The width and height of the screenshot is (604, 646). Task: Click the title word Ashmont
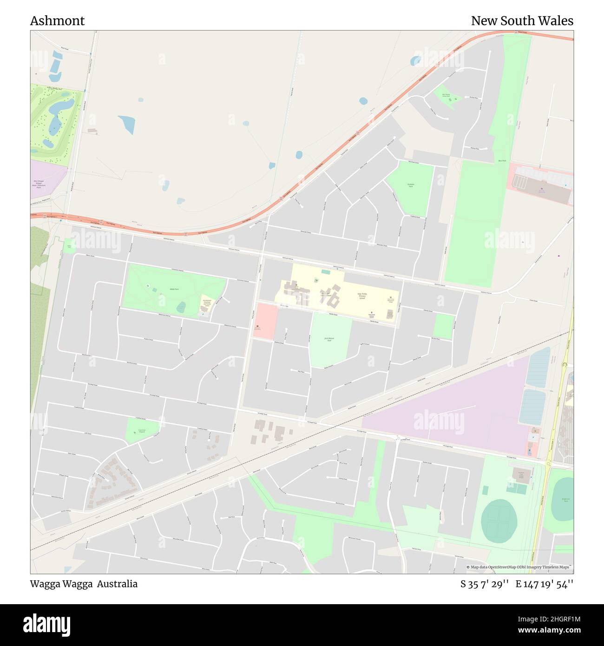coord(57,21)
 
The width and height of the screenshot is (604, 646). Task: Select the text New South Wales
coord(522,21)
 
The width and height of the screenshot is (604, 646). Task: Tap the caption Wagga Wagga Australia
coord(84,584)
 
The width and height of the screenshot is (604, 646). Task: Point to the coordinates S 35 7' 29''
coord(485,584)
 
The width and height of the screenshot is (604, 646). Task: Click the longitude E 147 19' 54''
coord(545,584)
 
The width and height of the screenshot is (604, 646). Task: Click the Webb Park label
coord(171,289)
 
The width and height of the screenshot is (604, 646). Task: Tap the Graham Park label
coord(411,185)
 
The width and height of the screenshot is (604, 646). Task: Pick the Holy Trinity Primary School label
coord(362,296)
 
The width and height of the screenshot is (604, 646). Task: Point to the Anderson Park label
coord(565,500)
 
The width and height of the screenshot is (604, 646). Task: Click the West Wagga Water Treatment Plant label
coord(39,184)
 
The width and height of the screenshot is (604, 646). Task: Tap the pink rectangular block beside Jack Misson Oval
coord(265,321)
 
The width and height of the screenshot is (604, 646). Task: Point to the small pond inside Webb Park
coord(181,307)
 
